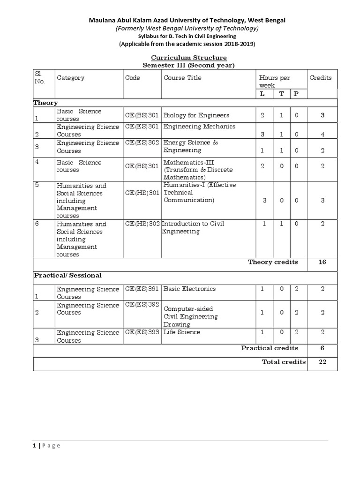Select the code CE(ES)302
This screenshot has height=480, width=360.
click(x=142, y=142)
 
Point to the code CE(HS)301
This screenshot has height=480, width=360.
click(x=142, y=193)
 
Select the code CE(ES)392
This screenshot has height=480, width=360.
click(x=142, y=305)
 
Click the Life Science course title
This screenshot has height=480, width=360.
click(x=181, y=332)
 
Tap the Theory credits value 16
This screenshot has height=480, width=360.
click(x=322, y=262)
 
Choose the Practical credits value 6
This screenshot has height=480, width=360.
click(x=322, y=348)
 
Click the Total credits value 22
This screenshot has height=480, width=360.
click(x=322, y=361)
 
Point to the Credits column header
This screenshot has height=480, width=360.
click(x=321, y=78)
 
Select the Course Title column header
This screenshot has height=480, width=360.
click(x=182, y=78)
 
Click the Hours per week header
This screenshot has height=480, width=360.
click(x=274, y=82)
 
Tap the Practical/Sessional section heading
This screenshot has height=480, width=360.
click(x=67, y=275)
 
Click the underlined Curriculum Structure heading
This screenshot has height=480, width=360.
click(x=185, y=57)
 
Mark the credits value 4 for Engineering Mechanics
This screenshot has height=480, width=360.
click(x=322, y=135)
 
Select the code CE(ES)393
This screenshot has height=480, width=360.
click(x=142, y=332)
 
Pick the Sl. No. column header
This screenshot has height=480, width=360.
click(x=39, y=78)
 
